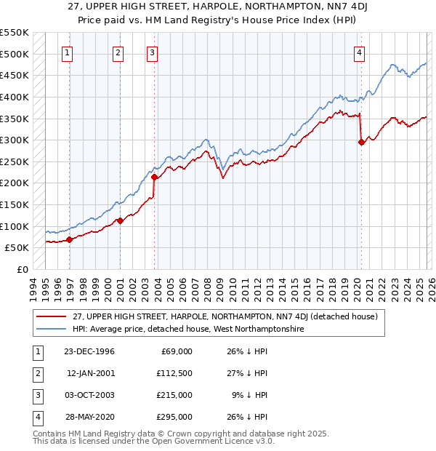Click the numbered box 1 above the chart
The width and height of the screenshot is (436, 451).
tap(68, 52)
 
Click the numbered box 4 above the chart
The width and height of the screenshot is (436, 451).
tap(360, 52)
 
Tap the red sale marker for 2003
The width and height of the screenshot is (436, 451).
tap(155, 176)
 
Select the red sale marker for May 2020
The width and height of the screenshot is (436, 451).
tap(361, 142)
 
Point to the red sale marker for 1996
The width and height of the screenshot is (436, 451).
tap(70, 239)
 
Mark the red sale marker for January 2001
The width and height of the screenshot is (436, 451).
tap(120, 220)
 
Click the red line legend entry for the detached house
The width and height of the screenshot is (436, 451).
tap(225, 317)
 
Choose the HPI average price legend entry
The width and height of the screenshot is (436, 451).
tap(187, 330)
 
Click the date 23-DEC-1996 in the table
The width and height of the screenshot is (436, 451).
tap(89, 351)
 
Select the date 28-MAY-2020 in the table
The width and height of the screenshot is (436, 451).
tap(89, 417)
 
